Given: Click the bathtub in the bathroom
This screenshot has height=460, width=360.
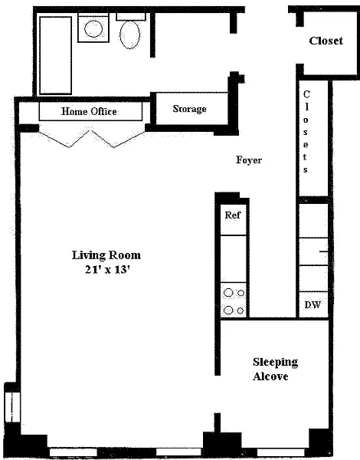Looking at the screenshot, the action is [56, 55].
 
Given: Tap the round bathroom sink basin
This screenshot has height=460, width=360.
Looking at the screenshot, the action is [93, 28].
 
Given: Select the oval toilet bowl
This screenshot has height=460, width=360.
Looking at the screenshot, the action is [129, 34].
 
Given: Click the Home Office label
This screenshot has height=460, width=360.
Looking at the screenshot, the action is [89, 111].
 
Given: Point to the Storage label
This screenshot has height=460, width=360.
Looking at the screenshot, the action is [189, 109].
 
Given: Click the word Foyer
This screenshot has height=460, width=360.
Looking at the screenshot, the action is [249, 160].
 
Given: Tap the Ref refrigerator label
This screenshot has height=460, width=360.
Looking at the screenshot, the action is [233, 215].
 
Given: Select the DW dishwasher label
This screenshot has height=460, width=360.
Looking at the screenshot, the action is [313, 305].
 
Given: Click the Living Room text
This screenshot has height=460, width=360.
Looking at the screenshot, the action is [106, 255].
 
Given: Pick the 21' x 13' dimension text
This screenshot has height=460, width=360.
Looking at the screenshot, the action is [107, 269].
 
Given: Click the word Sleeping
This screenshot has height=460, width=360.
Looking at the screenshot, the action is [275, 363].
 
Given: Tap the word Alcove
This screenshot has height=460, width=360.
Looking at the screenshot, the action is [270, 376].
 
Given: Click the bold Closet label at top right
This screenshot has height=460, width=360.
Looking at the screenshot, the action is [326, 41].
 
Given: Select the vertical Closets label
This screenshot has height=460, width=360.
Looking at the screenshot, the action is [306, 132].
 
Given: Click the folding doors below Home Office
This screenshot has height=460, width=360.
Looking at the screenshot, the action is [92, 139].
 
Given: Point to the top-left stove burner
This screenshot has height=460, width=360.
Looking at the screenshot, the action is [228, 293].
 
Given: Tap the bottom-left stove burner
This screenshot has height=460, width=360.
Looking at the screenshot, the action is [228, 310].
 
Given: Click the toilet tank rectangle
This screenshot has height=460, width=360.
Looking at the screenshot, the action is [131, 17].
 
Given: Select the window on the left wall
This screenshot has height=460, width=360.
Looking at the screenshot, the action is [11, 407].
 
